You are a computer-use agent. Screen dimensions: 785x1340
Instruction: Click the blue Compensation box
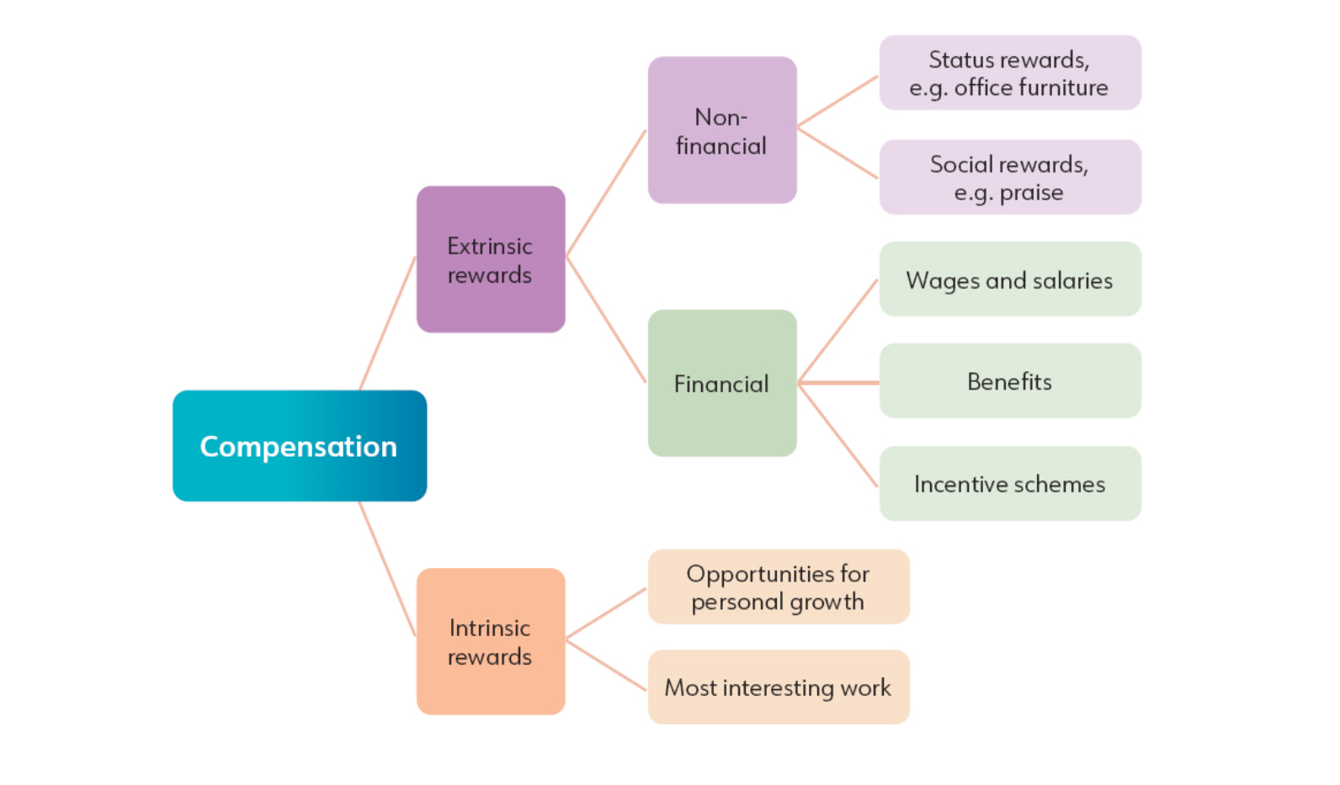click(299, 446)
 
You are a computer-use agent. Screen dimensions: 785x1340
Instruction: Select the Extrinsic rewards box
click(490, 259)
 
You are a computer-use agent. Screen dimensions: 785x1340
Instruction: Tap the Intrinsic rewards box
click(490, 641)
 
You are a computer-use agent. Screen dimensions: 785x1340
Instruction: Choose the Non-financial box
click(721, 130)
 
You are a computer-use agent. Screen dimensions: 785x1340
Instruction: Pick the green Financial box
click(721, 384)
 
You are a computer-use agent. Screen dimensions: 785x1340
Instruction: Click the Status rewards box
click(1009, 72)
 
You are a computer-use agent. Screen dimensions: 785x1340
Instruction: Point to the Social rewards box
click(1009, 177)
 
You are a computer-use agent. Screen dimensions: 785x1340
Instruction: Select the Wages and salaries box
click(1009, 279)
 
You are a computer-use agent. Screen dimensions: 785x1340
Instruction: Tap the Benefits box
click(1009, 381)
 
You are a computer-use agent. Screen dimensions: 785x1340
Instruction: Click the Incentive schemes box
click(1009, 484)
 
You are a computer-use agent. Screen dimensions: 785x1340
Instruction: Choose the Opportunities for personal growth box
click(778, 586)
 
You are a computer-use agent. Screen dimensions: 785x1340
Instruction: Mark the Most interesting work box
click(778, 687)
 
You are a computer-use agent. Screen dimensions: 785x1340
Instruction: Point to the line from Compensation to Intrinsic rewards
click(387, 569)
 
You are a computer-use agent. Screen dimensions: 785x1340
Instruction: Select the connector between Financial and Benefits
click(838, 383)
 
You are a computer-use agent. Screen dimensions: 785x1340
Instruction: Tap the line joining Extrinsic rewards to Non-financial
click(606, 193)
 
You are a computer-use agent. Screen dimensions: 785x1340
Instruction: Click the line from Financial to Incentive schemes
click(837, 435)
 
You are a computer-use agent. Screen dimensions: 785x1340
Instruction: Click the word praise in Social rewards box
click(1031, 193)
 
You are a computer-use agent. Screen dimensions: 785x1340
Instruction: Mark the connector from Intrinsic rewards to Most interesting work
click(606, 666)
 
